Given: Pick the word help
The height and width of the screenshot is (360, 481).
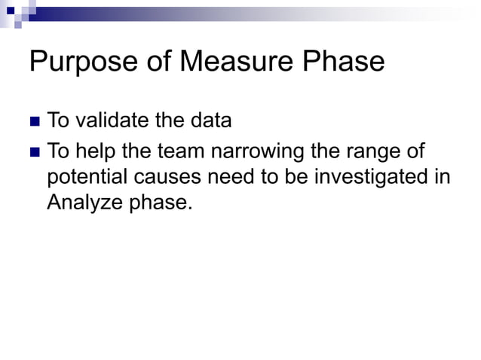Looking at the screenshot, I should point(97,152).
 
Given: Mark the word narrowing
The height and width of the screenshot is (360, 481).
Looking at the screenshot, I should point(258,154).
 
